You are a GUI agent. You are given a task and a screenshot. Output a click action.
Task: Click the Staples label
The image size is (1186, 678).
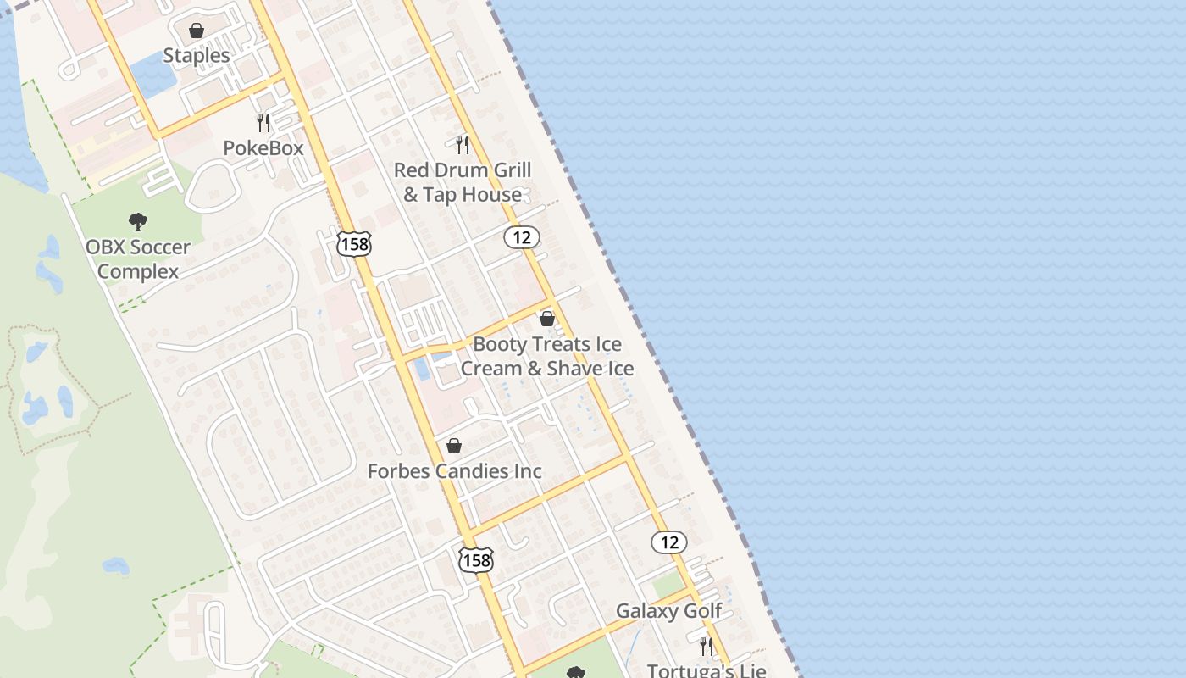coord(196,56)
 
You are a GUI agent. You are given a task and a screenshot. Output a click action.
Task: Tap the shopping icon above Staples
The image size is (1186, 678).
coord(197,31)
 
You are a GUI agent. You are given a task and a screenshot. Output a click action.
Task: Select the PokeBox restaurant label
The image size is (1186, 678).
coord(263,148)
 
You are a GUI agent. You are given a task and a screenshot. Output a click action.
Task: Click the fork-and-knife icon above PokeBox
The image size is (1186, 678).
coord(263,123)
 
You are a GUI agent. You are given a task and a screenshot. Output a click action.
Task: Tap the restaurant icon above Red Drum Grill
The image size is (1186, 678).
coord(463,145)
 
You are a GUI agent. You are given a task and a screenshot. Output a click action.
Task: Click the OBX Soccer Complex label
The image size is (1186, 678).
coord(138,259)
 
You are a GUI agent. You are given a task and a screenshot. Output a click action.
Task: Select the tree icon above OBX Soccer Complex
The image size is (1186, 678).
coord(138,222)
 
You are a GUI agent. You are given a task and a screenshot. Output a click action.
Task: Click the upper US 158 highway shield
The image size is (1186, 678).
coord(353,244)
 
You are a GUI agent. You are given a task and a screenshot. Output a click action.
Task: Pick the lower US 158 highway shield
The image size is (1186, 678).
coord(476,559)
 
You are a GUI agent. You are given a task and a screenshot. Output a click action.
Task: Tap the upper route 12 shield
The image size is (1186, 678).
coord(522,237)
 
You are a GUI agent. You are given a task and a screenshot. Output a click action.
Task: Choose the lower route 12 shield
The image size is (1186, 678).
coord(669,542)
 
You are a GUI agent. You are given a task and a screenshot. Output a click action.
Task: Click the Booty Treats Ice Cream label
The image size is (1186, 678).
coord(547,356)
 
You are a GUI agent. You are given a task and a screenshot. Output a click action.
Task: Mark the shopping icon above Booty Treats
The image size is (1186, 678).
coord(547,320)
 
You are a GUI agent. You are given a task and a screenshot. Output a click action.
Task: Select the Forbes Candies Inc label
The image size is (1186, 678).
coord(454,471)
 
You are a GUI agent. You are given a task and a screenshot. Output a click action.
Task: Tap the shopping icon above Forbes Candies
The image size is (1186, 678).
coord(454,446)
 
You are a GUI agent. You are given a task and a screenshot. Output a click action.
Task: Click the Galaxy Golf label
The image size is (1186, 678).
coord(668,611)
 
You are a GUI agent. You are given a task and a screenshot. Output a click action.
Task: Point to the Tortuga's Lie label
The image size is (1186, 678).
coord(707,670)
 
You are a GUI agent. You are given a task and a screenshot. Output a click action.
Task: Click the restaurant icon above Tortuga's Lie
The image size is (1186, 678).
coord(707,646)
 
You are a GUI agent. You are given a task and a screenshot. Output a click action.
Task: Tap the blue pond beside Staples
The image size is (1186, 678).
coord(152,75)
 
